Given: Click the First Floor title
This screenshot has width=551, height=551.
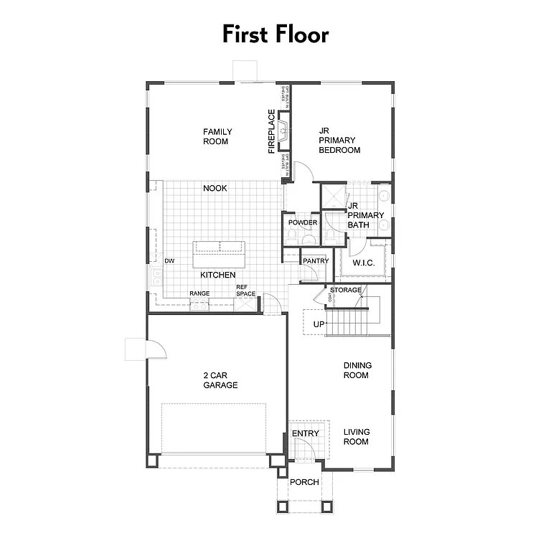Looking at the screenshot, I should (275, 34).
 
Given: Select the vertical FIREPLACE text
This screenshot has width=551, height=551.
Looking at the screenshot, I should (272, 131).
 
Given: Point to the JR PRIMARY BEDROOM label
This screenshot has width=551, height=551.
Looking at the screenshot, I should (339, 141).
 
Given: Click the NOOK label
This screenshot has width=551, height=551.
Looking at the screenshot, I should (215, 188).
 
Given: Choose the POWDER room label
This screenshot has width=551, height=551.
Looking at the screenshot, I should (303, 222).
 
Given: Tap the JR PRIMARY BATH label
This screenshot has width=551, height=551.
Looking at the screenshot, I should (365, 215).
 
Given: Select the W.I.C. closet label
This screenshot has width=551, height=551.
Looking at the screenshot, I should (364, 263).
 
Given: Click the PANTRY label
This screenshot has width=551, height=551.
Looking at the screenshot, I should (316, 261).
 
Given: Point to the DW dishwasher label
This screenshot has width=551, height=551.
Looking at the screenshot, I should (169, 261).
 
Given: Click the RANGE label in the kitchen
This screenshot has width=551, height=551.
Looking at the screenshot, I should (199, 293).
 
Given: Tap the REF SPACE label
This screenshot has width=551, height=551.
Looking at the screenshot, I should (246, 291).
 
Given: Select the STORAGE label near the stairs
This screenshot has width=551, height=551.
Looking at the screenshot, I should (346, 290).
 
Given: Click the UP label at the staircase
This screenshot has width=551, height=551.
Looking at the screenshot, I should (319, 324).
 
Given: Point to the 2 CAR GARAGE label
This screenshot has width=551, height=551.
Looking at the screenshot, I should (220, 380).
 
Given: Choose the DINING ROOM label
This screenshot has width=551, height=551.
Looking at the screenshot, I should (355, 370).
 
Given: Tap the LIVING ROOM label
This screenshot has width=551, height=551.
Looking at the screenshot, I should (356, 436).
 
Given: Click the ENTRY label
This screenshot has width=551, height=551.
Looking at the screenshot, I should (305, 433).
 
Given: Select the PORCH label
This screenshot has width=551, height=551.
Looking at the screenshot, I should (304, 482).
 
